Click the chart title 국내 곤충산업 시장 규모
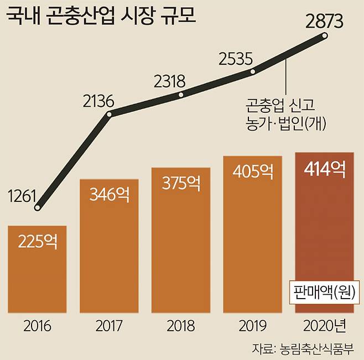point(103,16)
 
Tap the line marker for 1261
point(38,208)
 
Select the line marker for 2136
point(109,114)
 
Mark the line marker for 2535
point(252,71)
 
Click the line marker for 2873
point(325,36)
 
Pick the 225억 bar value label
point(38,241)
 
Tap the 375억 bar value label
point(181,182)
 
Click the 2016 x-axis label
point(38,326)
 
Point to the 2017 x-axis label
point(109,326)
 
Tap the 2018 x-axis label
point(181,326)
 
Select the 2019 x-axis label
point(252,326)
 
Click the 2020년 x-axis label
point(325,326)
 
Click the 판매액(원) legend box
point(325,291)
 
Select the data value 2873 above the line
point(325,22)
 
